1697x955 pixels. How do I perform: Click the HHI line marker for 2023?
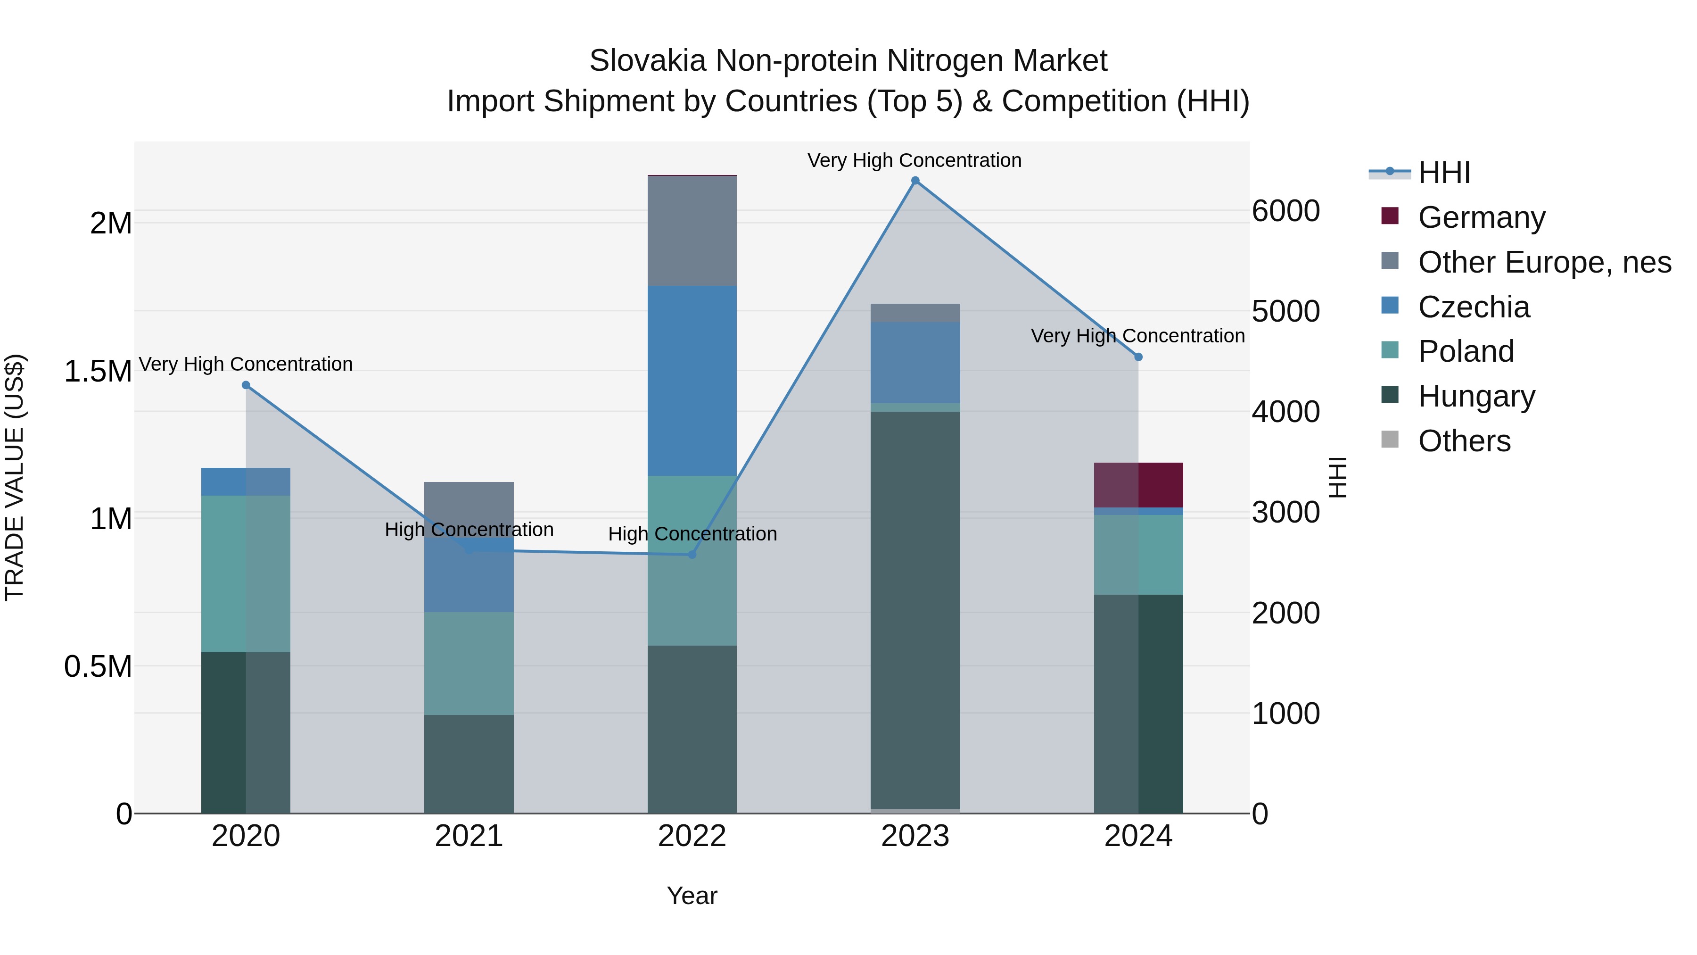pos(915,181)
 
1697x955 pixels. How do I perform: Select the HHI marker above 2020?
pos(246,385)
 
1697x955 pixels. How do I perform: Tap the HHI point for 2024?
pos(1138,357)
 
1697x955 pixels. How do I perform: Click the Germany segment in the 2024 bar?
pos(1138,485)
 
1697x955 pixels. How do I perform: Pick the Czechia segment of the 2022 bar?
pos(692,381)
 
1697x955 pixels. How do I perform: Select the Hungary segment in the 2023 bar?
pos(915,610)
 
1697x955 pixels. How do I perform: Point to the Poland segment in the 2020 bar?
pos(245,573)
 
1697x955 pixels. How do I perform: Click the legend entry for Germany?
pos(1481,217)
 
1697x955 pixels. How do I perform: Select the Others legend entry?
pos(1464,441)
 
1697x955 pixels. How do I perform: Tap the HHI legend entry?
pos(1443,173)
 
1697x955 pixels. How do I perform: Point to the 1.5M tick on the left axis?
pos(98,371)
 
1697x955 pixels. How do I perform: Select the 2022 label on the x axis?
pos(692,836)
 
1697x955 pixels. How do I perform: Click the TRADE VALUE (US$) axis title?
pos(15,477)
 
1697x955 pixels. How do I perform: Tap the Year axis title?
pos(692,896)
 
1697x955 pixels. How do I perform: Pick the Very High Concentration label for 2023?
pos(914,160)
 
